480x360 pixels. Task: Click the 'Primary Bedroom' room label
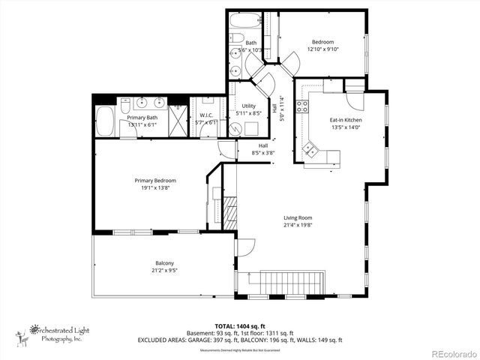point(155,180)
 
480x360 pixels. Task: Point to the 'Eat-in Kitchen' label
point(346,120)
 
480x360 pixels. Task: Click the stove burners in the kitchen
point(302,106)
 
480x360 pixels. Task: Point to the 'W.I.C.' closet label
point(205,115)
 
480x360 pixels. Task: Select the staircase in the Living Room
point(292,283)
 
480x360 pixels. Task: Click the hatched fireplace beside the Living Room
point(230,213)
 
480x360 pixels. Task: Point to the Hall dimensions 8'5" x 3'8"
point(263,153)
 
